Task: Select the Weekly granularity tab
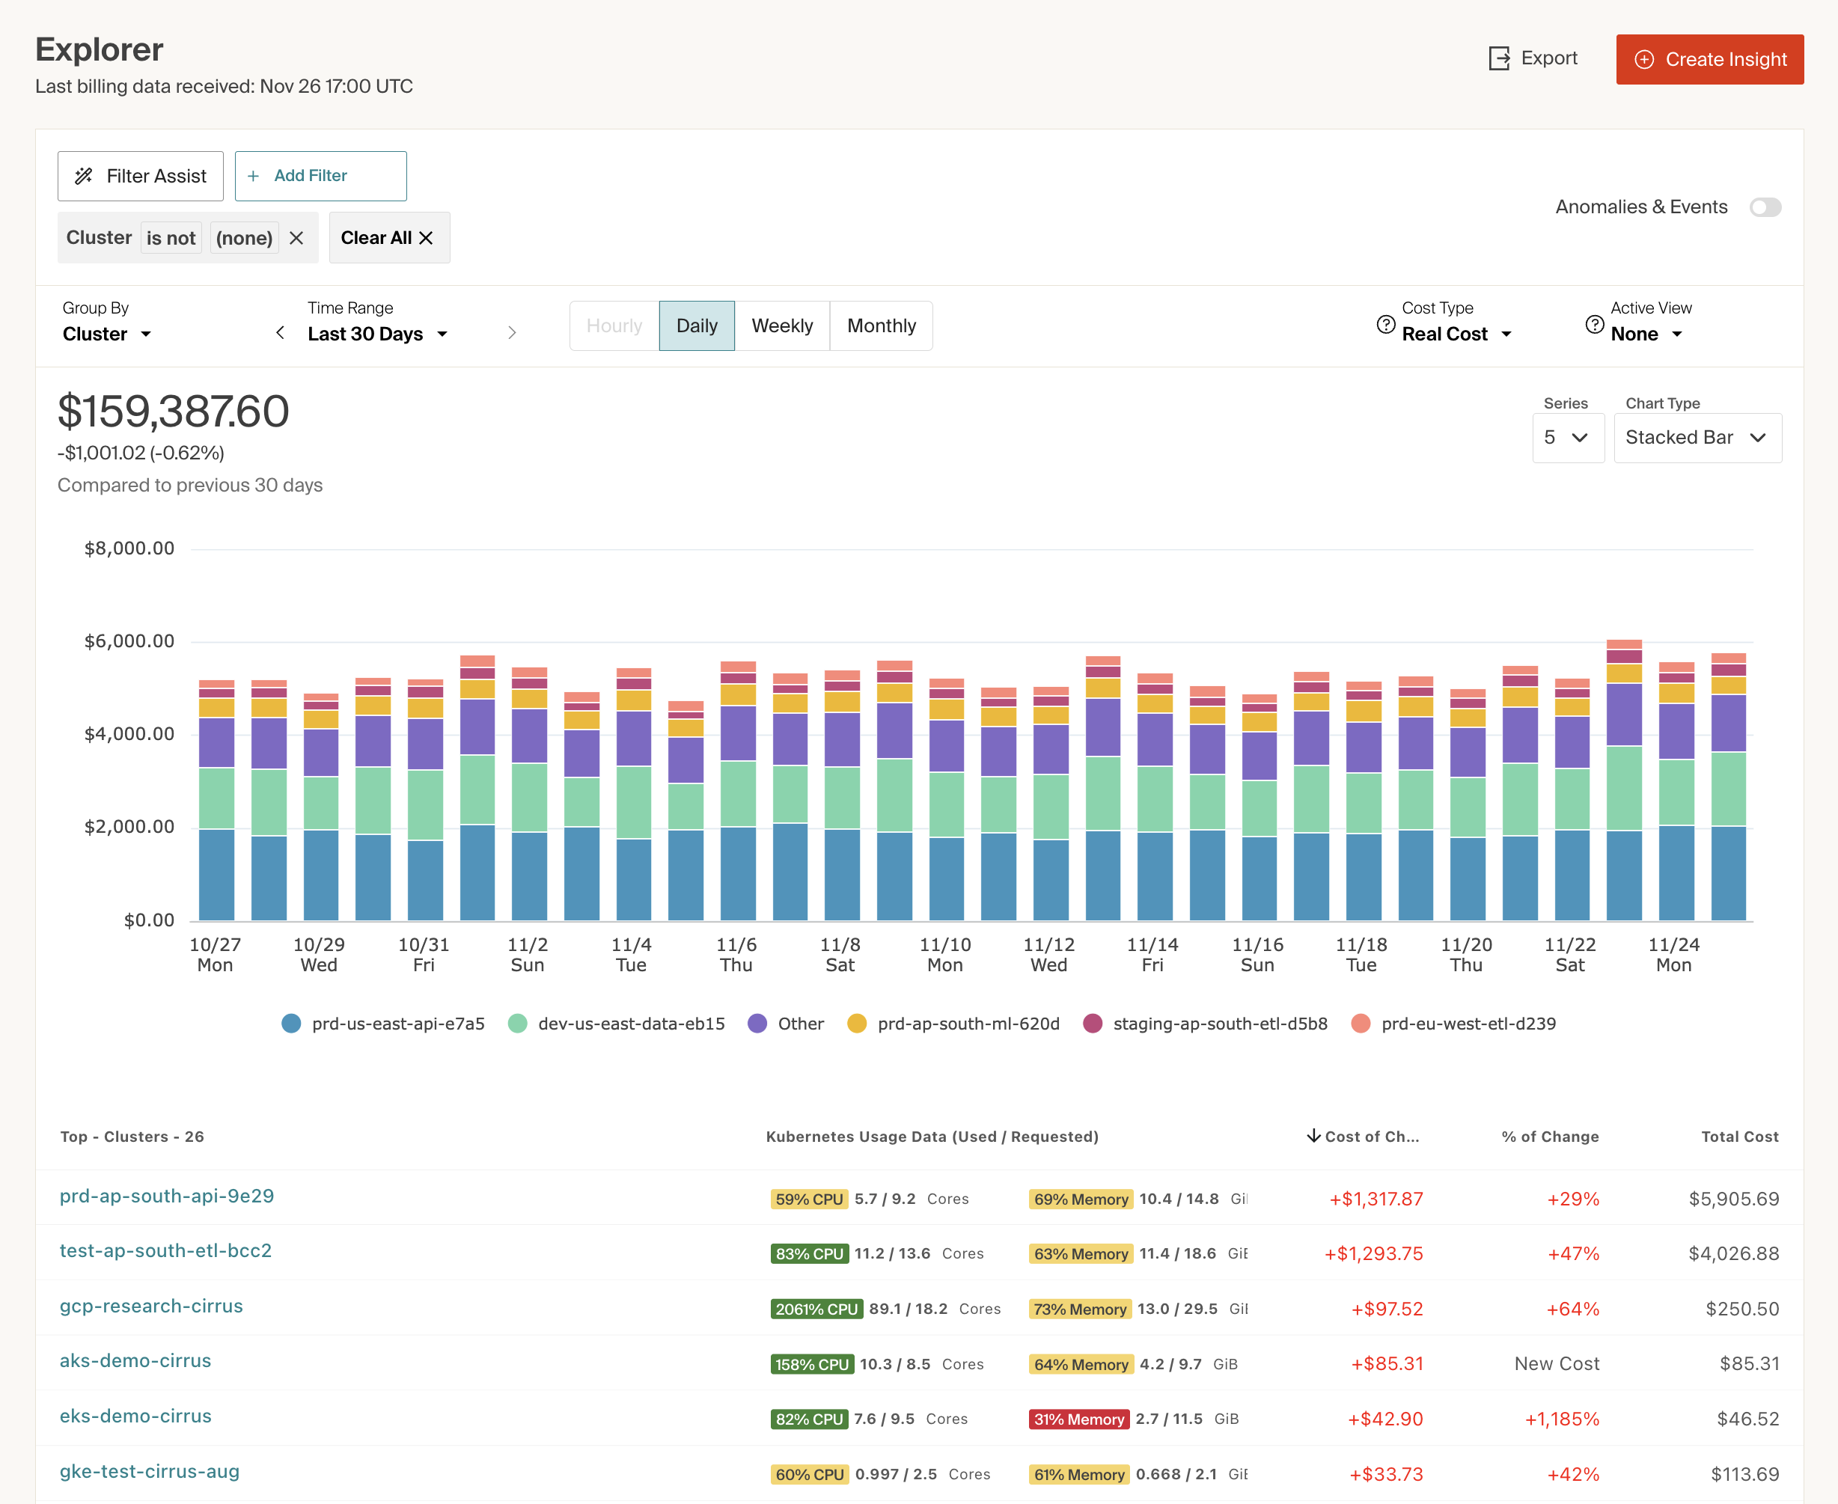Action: tap(781, 325)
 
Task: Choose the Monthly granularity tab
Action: tap(880, 325)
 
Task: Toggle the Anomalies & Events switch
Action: tap(1765, 207)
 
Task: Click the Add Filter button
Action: tap(320, 176)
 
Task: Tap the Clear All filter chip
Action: tap(388, 238)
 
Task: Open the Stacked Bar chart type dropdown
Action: tap(1696, 438)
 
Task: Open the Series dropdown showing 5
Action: tap(1567, 438)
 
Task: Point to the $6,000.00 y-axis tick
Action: tap(129, 641)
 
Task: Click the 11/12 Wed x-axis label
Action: tap(1048, 955)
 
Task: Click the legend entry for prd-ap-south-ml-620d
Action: tap(967, 1024)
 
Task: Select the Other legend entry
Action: tap(799, 1024)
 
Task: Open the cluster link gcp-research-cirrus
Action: tap(150, 1306)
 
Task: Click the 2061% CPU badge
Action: tap(816, 1309)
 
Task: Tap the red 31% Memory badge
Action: tap(1078, 1419)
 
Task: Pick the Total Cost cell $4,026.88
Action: tap(1732, 1253)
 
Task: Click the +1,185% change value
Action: tap(1562, 1419)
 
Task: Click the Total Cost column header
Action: tap(1738, 1137)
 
